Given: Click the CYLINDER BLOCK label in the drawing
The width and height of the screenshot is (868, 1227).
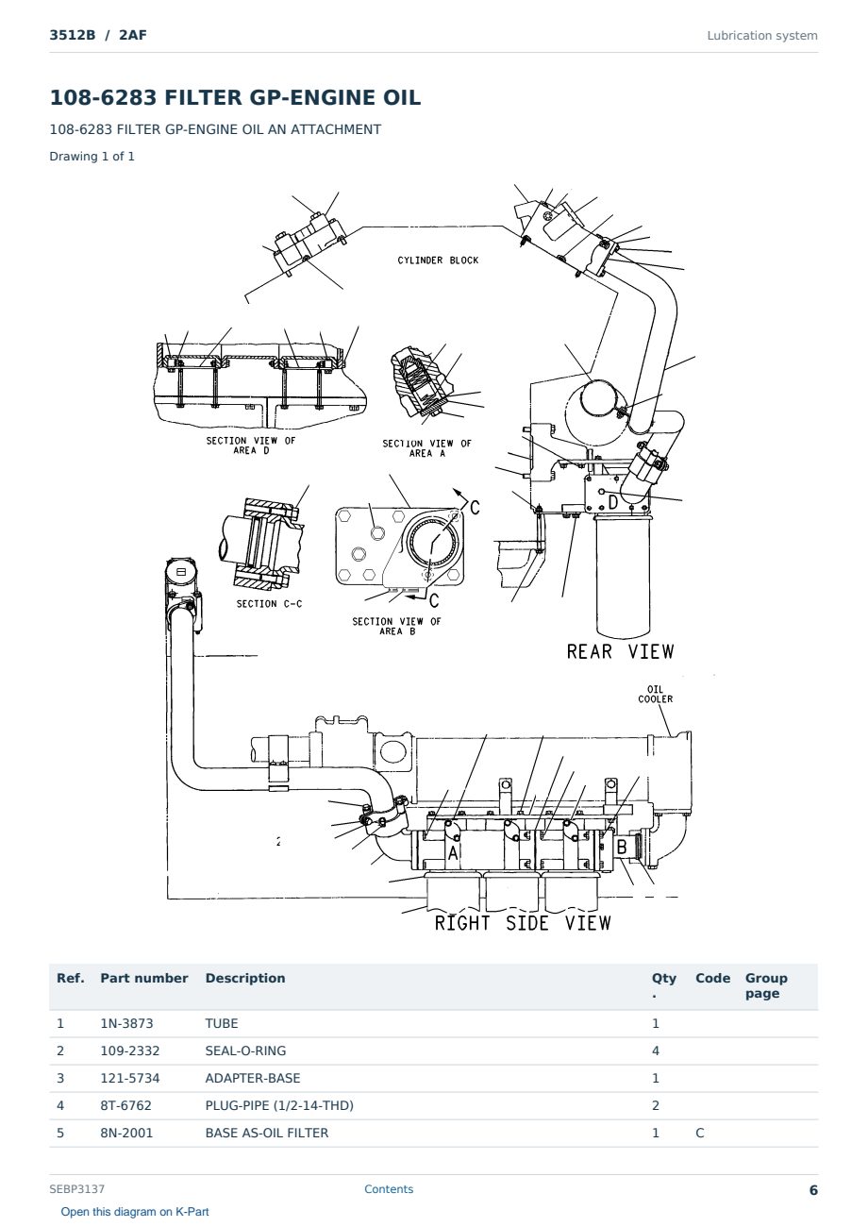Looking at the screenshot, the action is click(438, 261).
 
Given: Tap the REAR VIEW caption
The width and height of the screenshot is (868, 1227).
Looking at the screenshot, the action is click(620, 652).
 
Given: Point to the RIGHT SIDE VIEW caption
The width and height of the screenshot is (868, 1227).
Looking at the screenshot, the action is click(523, 923).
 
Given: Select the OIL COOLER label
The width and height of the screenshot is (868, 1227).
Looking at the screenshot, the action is click(655, 694).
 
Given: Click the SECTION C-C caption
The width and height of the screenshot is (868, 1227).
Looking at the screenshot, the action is click(269, 604).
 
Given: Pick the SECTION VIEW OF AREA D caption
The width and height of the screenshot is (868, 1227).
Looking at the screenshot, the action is click(251, 445).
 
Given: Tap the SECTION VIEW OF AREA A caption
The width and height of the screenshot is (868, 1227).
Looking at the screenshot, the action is click(426, 448).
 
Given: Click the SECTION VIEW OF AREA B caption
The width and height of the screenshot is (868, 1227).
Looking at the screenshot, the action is click(396, 626).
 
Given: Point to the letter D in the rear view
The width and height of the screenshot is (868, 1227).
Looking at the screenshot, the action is click(613, 502).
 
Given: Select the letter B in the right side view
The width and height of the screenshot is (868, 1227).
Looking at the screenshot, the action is click(622, 847).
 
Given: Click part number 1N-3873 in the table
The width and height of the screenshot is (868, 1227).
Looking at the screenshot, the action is click(126, 1024).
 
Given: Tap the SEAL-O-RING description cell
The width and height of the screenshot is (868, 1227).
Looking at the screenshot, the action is click(245, 1051).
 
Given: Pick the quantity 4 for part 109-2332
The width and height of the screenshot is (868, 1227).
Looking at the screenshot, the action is click(656, 1051).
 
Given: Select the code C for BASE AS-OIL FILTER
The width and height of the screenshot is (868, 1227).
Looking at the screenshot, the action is click(700, 1134).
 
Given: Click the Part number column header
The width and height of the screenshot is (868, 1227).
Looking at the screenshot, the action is click(144, 979).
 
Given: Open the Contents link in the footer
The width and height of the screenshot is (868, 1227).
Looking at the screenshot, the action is click(389, 1189).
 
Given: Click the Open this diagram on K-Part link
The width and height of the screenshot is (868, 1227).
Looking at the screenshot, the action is click(135, 1212).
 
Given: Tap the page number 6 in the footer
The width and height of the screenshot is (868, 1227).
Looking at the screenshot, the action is click(813, 1190).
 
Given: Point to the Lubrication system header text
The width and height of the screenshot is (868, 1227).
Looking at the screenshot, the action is click(762, 36).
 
